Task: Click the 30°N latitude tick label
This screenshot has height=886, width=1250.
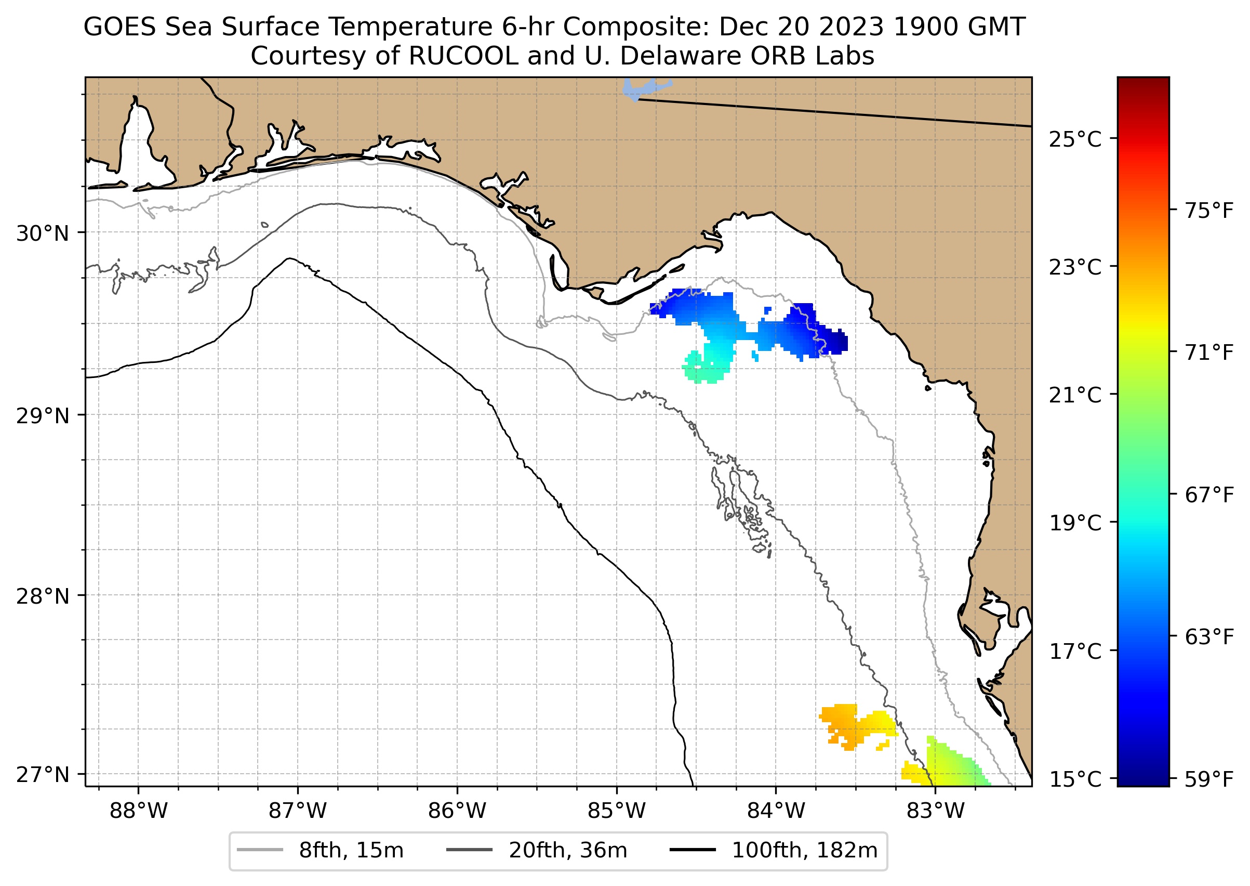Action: pos(43,233)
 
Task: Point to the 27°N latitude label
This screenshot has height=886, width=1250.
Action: pos(43,775)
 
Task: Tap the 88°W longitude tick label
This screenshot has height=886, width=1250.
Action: pos(139,811)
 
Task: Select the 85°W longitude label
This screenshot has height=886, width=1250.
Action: pos(617,811)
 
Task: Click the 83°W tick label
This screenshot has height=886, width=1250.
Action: pos(936,811)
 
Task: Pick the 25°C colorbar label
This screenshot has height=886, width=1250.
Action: pos(1075,140)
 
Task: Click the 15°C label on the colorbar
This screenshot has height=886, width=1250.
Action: pos(1075,779)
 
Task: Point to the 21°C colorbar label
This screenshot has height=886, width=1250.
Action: pos(1075,395)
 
